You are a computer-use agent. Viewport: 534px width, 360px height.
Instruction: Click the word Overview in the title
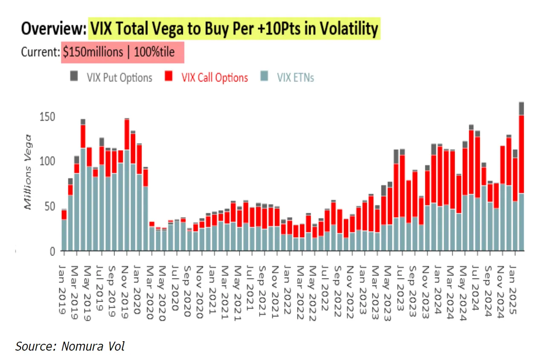coord(53,29)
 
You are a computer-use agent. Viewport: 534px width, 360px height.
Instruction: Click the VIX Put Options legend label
coord(119,78)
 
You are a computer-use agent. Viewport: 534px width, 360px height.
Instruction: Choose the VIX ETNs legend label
coord(295,78)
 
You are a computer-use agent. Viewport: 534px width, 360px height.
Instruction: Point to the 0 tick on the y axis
coord(52,251)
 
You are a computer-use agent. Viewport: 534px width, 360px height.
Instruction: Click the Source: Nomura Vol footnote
coord(70,346)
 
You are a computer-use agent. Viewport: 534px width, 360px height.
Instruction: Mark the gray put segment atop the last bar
coord(521,108)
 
